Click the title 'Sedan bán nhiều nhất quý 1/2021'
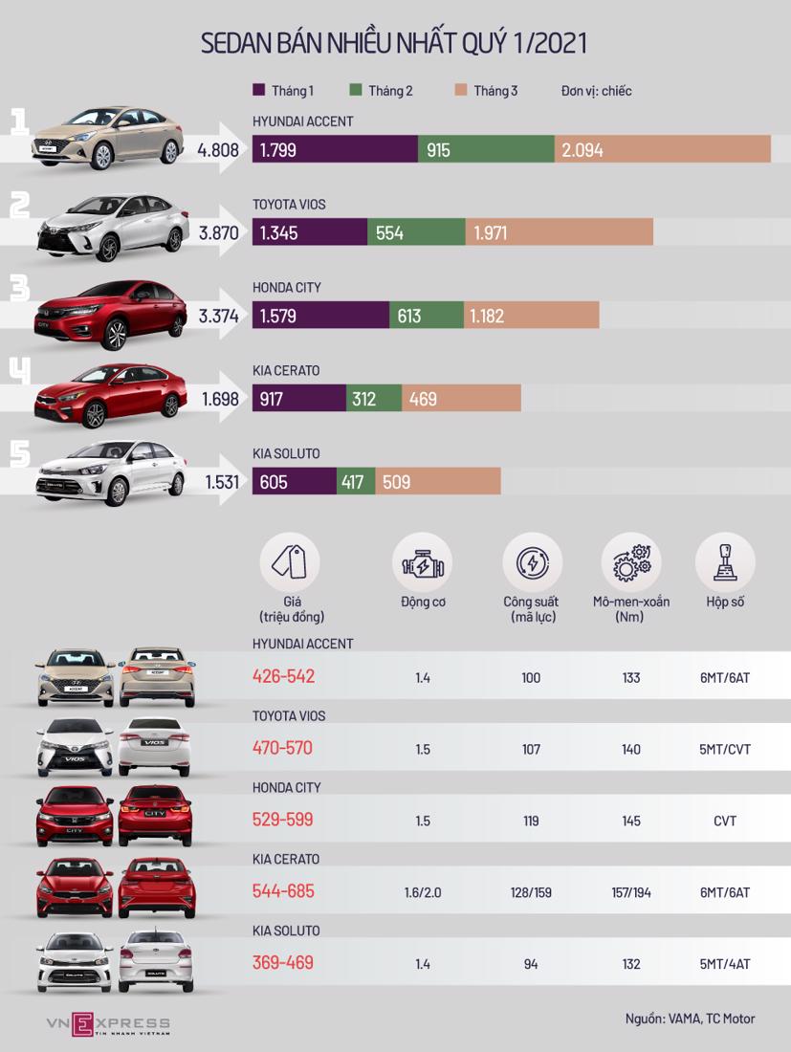point(394,43)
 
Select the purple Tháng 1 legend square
point(259,91)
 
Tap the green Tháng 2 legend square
point(356,91)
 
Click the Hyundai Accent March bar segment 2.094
point(662,149)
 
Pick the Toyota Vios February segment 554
point(416,232)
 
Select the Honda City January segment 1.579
point(320,316)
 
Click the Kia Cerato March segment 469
point(461,399)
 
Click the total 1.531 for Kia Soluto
point(221,482)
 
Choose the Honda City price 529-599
point(283,821)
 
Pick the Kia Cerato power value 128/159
point(531,892)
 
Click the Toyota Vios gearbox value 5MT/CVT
point(724,750)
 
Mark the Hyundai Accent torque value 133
point(631,678)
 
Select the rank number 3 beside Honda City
point(20,289)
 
